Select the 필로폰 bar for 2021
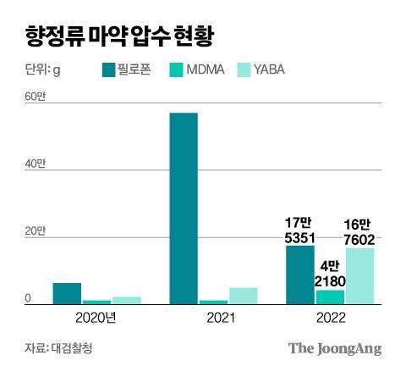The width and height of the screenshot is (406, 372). tap(184, 208)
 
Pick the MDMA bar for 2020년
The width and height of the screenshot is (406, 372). tap(96, 301)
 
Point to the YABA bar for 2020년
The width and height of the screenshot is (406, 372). tap(127, 299)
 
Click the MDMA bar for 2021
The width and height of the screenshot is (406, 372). tap(213, 301)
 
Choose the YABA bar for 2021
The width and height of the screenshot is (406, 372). tap(244, 295)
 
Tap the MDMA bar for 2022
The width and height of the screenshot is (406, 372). tap(330, 296)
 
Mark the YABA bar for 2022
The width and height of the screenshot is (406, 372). tap(360, 275)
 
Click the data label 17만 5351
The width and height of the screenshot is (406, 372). tap(300, 230)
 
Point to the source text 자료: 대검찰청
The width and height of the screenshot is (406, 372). tap(62, 347)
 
